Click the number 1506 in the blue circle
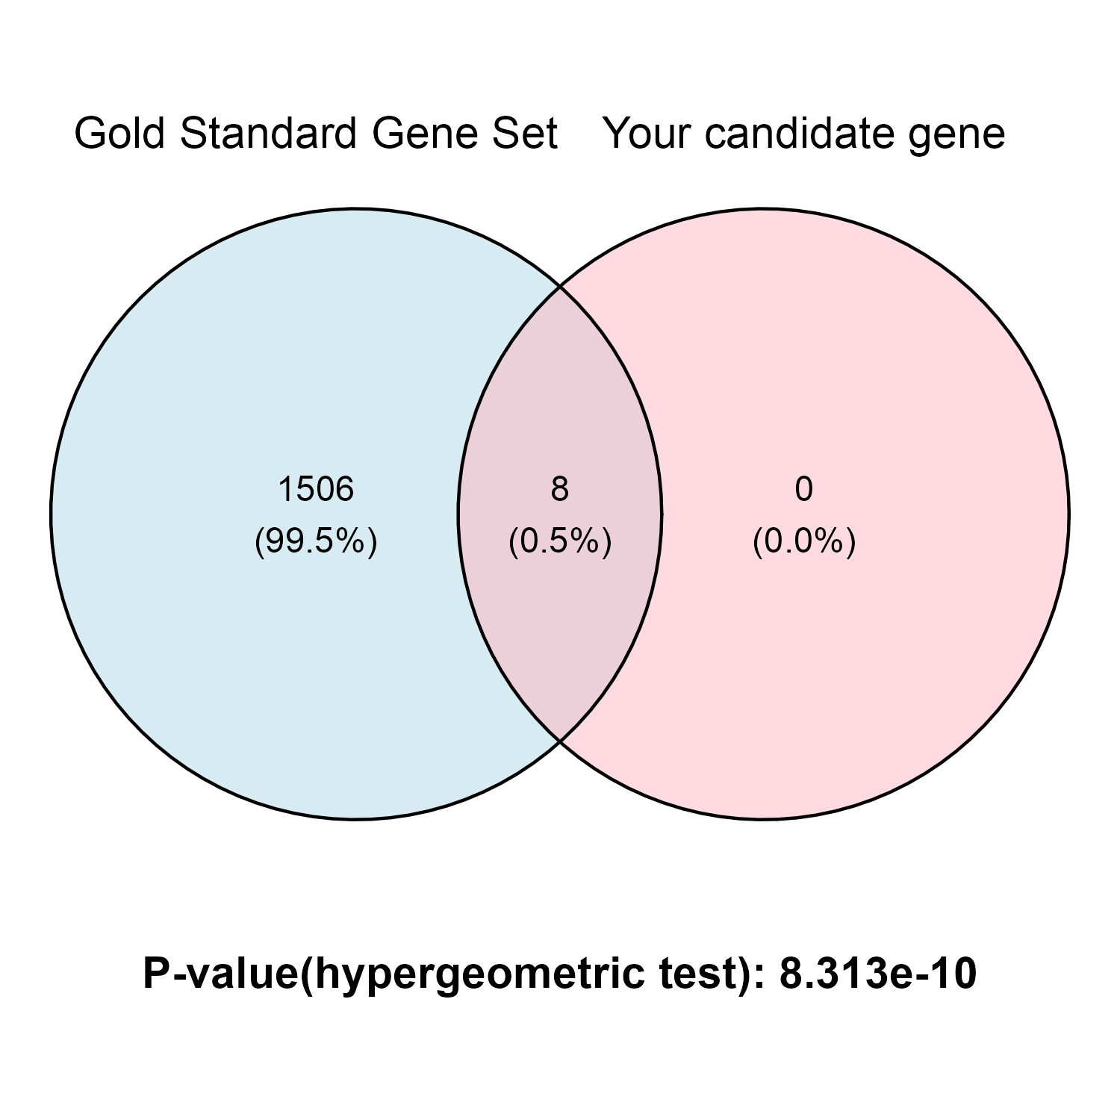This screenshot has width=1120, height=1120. (316, 490)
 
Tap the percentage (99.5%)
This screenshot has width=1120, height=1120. (316, 541)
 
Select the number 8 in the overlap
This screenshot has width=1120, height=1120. (560, 490)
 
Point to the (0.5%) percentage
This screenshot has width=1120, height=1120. (560, 541)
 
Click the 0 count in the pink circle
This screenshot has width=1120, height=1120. (803, 490)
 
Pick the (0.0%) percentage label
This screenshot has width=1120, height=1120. (804, 541)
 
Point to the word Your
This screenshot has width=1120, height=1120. (647, 134)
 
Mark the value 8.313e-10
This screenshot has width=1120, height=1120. (878, 974)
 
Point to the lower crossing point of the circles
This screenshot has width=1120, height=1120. (560, 741)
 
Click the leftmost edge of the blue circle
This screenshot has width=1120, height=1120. (52, 514)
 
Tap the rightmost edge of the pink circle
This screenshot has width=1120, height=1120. (1068, 514)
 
